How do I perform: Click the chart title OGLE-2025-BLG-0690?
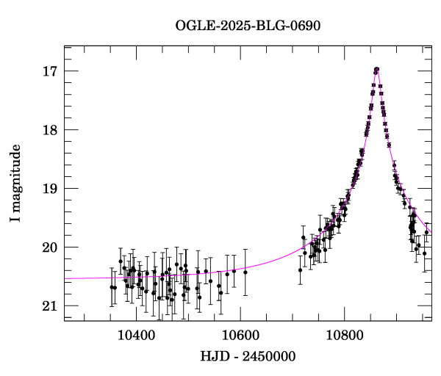click(248, 25)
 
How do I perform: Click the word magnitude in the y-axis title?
click(15, 175)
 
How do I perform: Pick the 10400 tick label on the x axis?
click(136, 335)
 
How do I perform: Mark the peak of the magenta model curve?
click(376, 69)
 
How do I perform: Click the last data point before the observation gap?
click(245, 272)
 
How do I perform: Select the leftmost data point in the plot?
click(112, 287)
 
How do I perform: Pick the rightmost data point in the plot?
click(426, 232)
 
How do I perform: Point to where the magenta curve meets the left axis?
click(65, 278)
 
